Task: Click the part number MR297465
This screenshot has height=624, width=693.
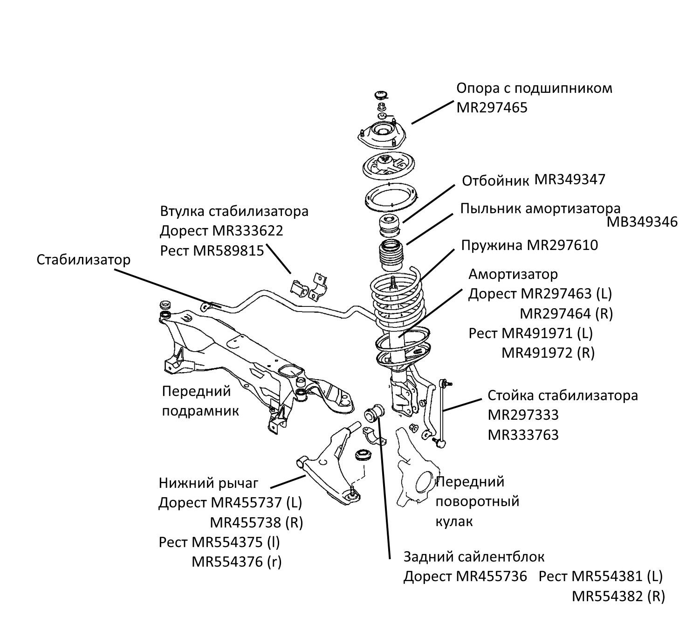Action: click(x=492, y=108)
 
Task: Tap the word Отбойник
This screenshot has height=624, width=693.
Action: click(x=495, y=181)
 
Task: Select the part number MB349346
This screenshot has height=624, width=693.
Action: click(x=642, y=222)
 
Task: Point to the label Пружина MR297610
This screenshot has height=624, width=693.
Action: click(x=529, y=245)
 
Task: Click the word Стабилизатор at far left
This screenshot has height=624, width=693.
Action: click(x=83, y=259)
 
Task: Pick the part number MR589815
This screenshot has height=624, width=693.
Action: click(x=228, y=250)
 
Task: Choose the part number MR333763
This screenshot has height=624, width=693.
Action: click(x=523, y=435)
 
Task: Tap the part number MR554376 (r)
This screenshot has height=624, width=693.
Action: click(x=237, y=562)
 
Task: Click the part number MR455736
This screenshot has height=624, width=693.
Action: click(x=491, y=576)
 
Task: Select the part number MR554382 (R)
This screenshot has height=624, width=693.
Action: click(x=618, y=596)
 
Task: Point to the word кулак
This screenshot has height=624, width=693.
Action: click(x=454, y=521)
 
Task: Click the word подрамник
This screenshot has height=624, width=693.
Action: click(x=200, y=411)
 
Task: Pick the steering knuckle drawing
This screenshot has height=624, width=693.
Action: click(x=415, y=471)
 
